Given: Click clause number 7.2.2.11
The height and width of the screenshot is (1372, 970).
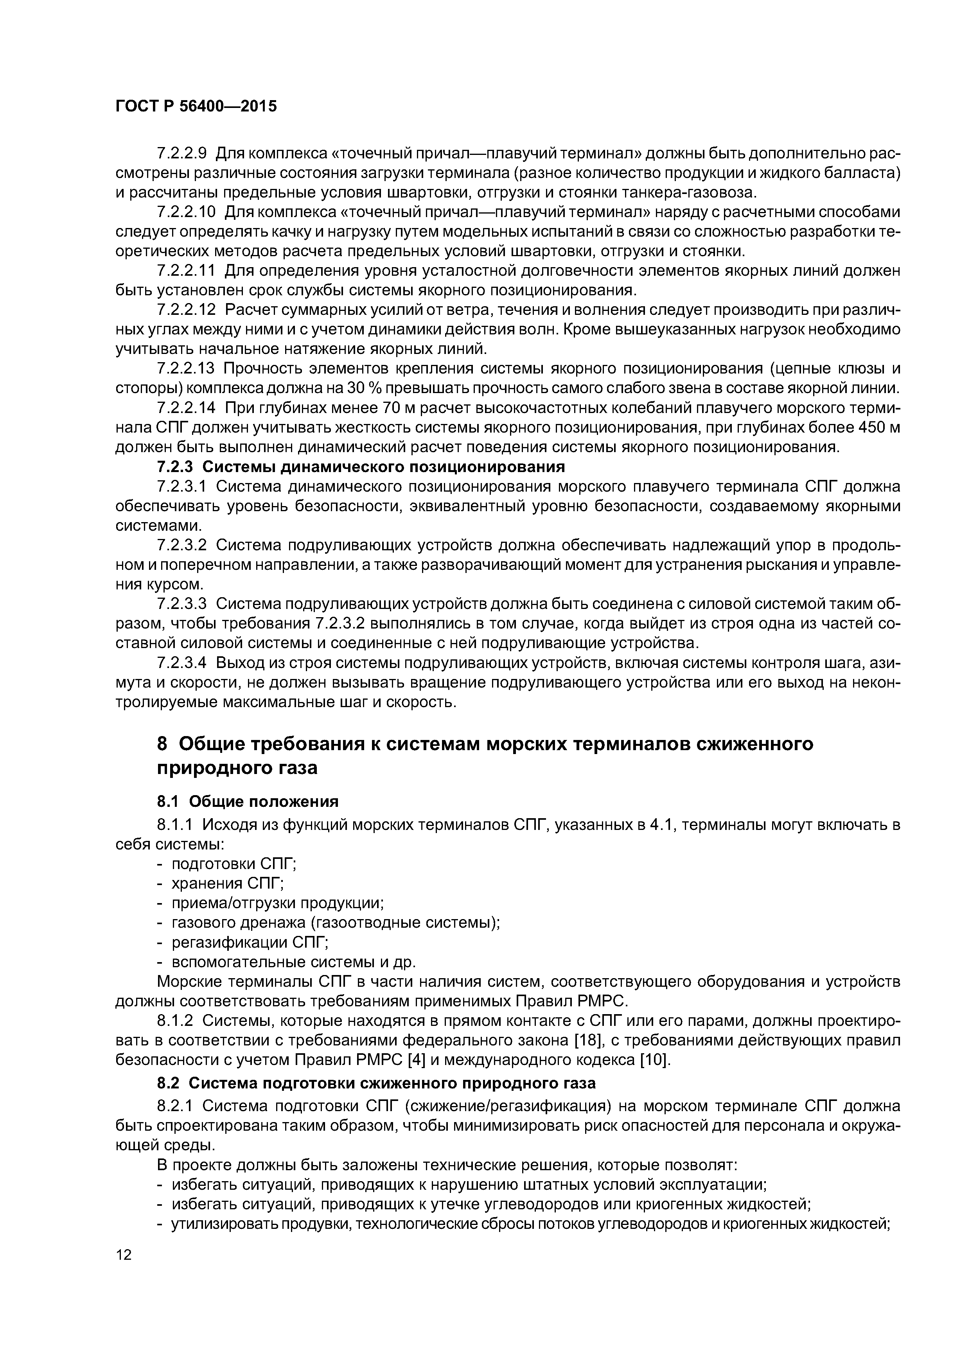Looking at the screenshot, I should [x=186, y=271].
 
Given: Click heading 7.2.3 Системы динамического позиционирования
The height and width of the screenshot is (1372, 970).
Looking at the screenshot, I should [x=361, y=467].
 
